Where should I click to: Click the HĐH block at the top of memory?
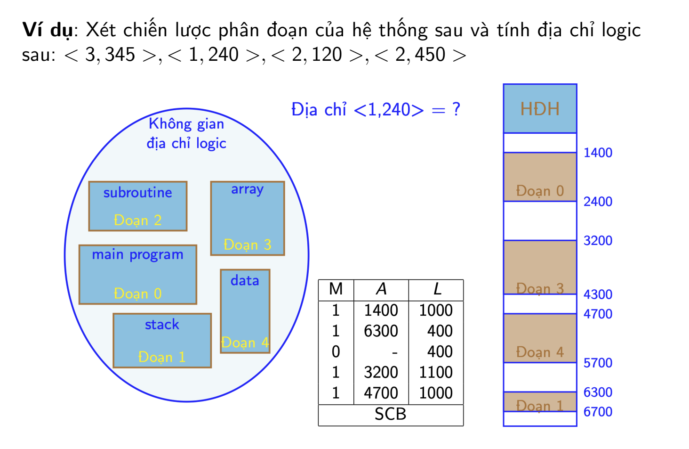point(540,108)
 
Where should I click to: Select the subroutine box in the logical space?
point(138,206)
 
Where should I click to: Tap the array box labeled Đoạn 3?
point(248,218)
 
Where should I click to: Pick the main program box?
point(138,275)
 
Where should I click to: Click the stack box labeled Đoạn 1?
point(162,341)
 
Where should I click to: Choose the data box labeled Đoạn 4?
point(245,311)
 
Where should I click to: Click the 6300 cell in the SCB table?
point(381,331)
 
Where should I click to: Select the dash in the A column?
point(395,352)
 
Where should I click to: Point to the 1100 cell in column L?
point(435,372)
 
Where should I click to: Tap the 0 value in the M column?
point(336,351)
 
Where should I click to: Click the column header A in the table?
point(381,289)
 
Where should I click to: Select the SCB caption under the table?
point(390,414)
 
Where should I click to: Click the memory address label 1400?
point(598,153)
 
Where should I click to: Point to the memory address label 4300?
point(598,295)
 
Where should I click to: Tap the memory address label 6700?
point(598,412)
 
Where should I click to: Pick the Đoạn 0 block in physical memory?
point(540,177)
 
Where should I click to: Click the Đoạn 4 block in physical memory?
point(540,338)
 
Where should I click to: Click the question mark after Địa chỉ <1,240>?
point(457,109)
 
